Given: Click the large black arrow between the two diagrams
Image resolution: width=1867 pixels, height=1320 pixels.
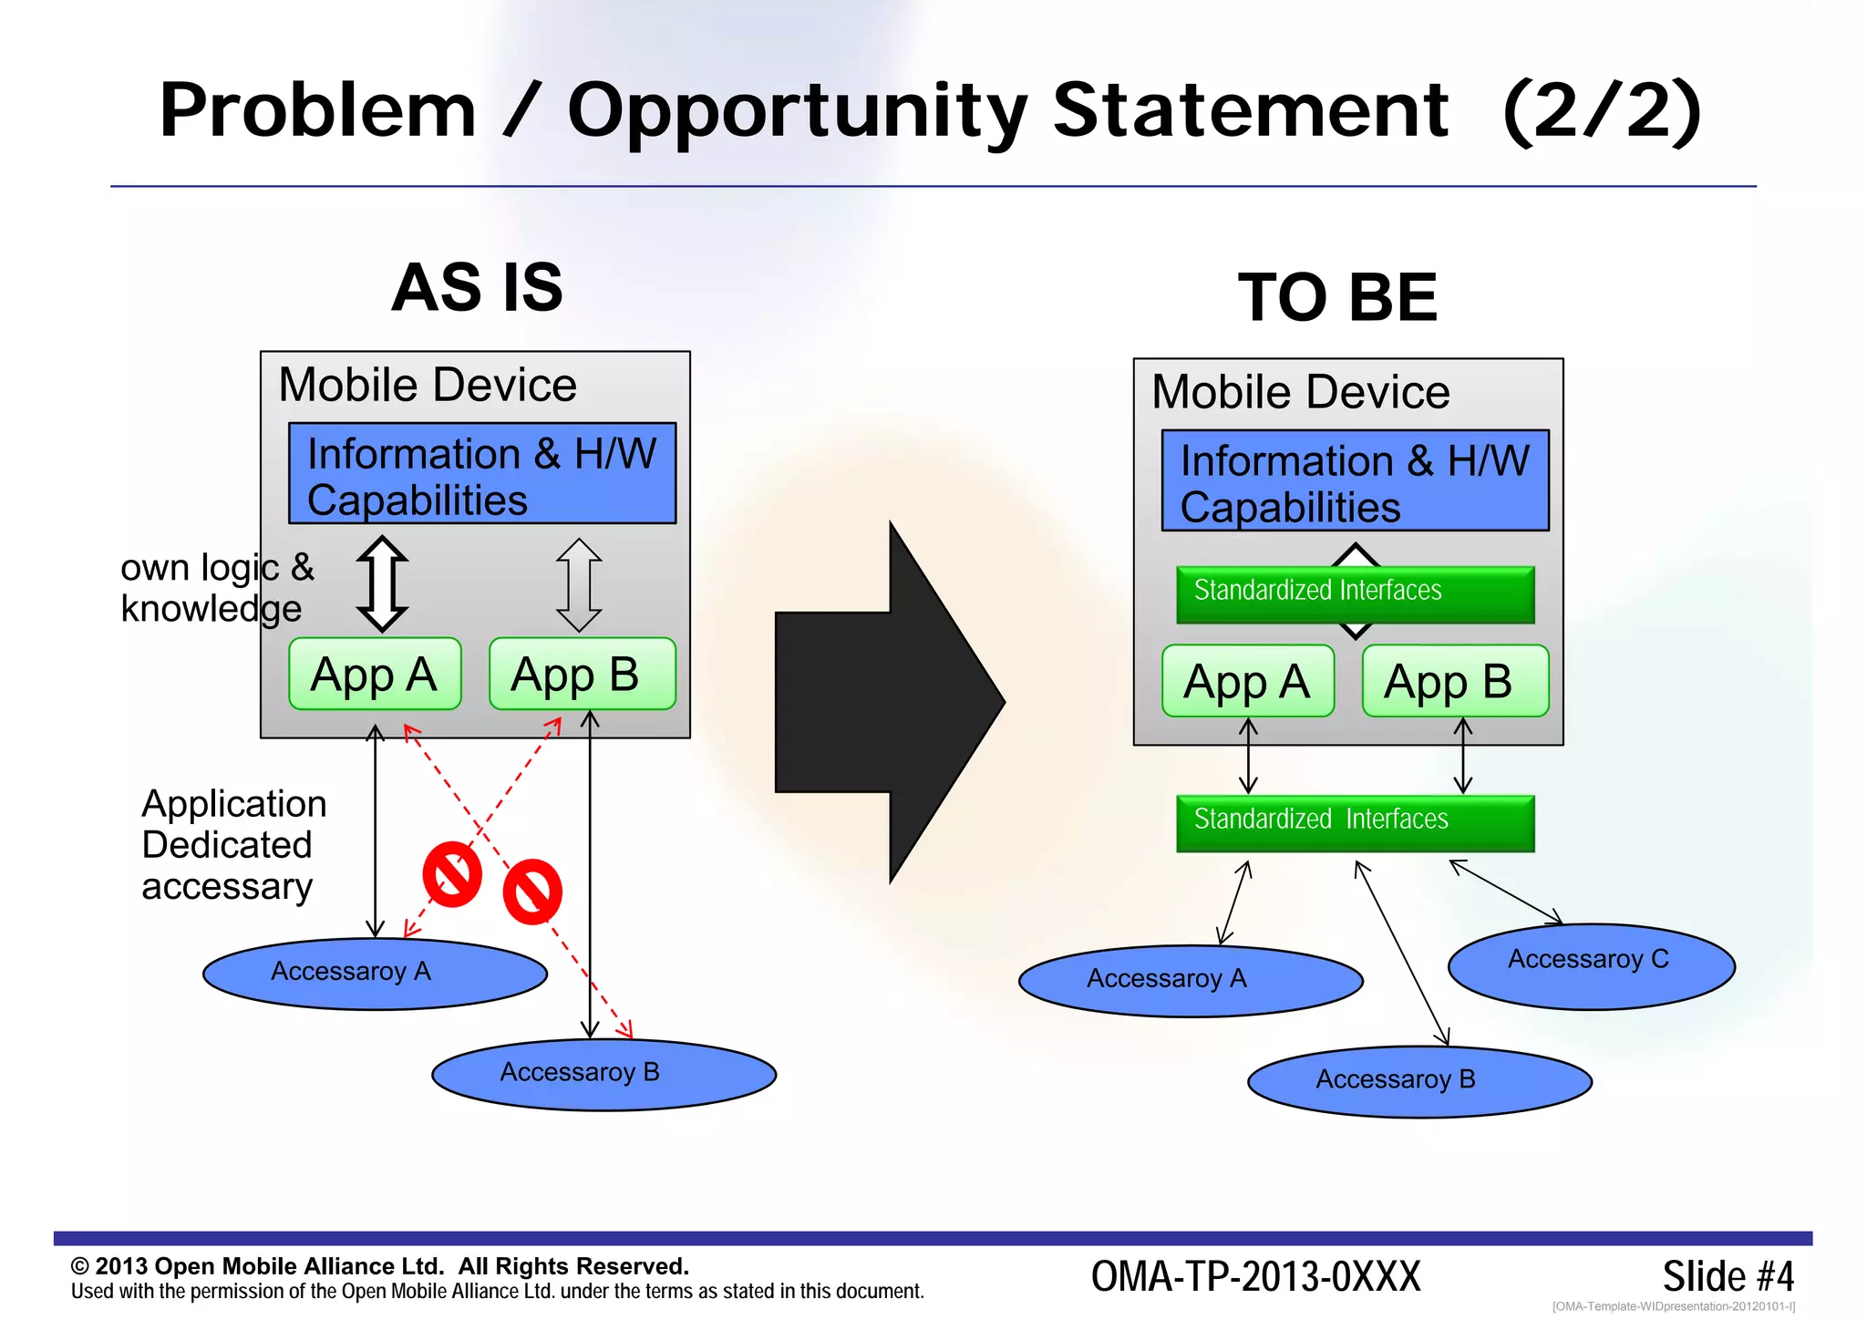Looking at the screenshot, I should pyautogui.click(x=875, y=702).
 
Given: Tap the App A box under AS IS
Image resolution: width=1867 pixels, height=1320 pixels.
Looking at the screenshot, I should pyautogui.click(x=375, y=675).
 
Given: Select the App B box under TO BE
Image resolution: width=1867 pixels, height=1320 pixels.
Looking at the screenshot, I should pyautogui.click(x=1455, y=682).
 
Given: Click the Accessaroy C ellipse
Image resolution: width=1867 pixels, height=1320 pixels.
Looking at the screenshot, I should pyautogui.click(x=1591, y=966).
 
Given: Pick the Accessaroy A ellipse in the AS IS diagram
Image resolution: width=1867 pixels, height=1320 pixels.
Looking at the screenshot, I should pyautogui.click(x=375, y=974).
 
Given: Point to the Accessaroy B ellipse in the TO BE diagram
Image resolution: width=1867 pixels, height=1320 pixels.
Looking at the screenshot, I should pyautogui.click(x=1419, y=1081).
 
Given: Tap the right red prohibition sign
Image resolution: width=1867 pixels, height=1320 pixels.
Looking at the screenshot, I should pyautogui.click(x=532, y=892).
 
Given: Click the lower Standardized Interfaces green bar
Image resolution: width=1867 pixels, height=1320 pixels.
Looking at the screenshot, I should pyautogui.click(x=1355, y=822).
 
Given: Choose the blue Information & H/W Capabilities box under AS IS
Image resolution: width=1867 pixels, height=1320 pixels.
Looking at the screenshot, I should pyautogui.click(x=482, y=473).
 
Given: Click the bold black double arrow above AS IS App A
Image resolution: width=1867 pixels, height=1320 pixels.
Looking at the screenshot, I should pyautogui.click(x=382, y=583).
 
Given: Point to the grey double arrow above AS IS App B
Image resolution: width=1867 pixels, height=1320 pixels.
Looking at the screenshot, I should pyautogui.click(x=579, y=584).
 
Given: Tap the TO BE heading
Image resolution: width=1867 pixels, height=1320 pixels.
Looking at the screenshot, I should pyautogui.click(x=1337, y=298).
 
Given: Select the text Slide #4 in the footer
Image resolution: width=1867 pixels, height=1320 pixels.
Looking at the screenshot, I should pyautogui.click(x=1728, y=1276).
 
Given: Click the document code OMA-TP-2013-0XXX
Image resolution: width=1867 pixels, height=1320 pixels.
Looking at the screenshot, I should pyautogui.click(x=1255, y=1276).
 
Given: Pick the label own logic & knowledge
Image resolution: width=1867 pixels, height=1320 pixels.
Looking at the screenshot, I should pyautogui.click(x=217, y=588).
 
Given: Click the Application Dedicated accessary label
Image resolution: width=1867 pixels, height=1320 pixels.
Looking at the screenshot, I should pyautogui.click(x=233, y=845).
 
